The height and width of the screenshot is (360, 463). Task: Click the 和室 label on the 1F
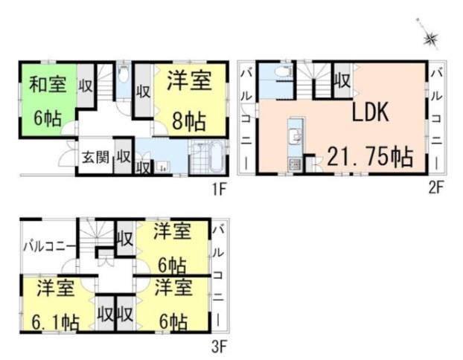click(48, 84)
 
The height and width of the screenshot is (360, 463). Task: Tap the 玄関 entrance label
click(95, 157)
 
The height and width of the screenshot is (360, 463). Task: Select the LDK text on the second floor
click(370, 112)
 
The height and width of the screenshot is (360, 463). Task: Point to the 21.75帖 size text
click(370, 157)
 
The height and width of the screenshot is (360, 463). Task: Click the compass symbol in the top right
click(430, 39)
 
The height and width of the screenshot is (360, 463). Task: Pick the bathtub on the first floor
click(217, 156)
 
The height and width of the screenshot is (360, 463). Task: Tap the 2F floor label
click(436, 187)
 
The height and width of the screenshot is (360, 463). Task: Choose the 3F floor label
click(219, 347)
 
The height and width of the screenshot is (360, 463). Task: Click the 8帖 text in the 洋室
click(189, 121)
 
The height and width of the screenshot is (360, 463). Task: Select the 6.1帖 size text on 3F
click(56, 322)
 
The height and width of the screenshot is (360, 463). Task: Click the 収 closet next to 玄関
click(123, 156)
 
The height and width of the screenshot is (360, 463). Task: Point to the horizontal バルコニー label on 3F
click(48, 246)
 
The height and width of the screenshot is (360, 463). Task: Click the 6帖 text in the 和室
click(48, 118)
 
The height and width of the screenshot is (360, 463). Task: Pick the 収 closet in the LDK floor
click(343, 80)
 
